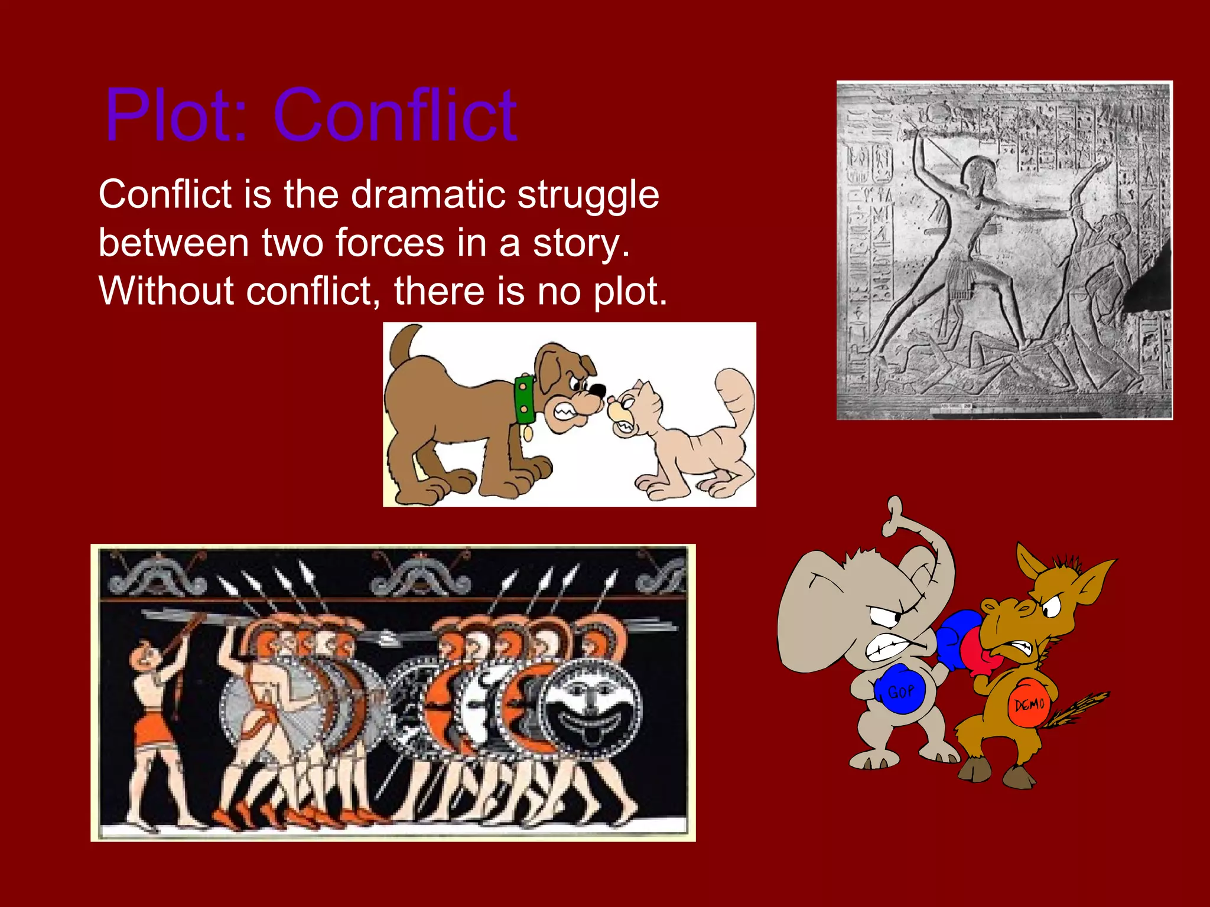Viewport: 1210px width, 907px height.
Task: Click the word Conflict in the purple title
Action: [x=395, y=115]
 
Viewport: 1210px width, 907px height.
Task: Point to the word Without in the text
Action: [x=167, y=291]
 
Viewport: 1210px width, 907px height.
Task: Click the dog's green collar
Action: [x=524, y=399]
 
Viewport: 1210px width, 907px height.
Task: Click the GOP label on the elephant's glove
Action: [x=901, y=691]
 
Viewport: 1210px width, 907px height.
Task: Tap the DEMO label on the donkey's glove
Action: [x=1029, y=704]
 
